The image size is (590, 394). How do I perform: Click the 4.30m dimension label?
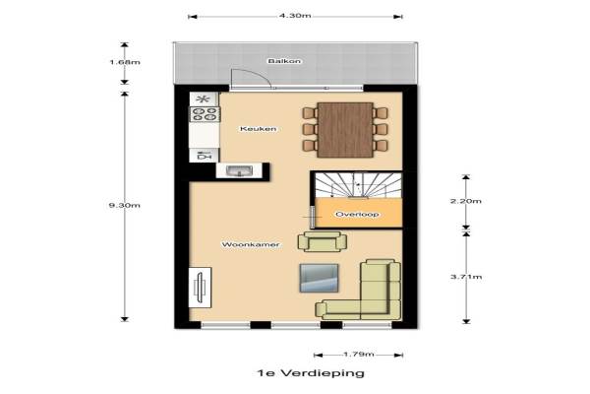coord(295,16)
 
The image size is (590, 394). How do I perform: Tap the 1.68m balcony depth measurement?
coord(125,62)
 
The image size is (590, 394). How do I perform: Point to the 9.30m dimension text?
coord(125,205)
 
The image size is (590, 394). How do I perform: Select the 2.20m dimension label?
coord(466,201)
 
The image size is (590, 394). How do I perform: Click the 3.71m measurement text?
coord(466,277)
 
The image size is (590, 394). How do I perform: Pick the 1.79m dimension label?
coord(359,355)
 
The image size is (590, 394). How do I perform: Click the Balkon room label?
coord(285,61)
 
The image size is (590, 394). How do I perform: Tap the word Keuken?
coord(258,129)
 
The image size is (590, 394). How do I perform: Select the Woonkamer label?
coord(251,244)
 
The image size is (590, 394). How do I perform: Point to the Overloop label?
coord(357,214)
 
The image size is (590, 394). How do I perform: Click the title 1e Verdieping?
coord(311,373)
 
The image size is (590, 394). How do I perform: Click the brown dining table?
coord(345,130)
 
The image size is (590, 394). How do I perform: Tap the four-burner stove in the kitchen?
coord(205,114)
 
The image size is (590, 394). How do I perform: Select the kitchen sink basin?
coord(239,171)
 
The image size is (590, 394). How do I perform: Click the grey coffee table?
coord(319,278)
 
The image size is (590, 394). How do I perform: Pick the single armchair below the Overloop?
coord(323,241)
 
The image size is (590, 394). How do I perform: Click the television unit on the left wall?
coord(200,288)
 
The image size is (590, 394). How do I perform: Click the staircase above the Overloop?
coord(358,185)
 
